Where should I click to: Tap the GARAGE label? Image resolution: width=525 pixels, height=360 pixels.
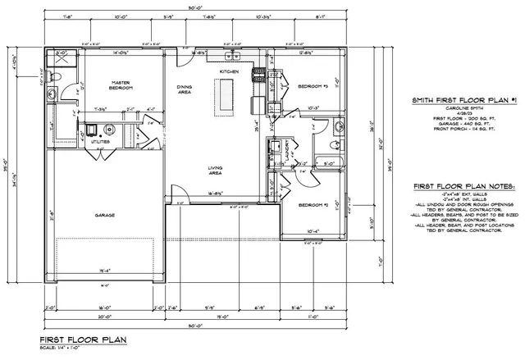[104, 215]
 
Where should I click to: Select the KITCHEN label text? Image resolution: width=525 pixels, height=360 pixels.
[230, 72]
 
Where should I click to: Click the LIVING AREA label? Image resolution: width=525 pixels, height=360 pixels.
[217, 171]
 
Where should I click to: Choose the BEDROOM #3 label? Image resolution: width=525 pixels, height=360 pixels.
[313, 86]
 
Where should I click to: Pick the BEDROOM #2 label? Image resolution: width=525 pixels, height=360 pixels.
[313, 204]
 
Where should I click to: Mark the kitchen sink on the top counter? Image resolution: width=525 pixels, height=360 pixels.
[234, 57]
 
